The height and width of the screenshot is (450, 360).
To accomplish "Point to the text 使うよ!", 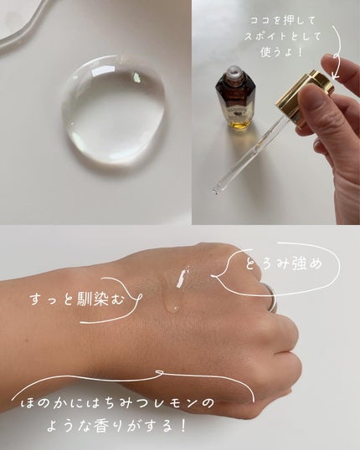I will (276, 57).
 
